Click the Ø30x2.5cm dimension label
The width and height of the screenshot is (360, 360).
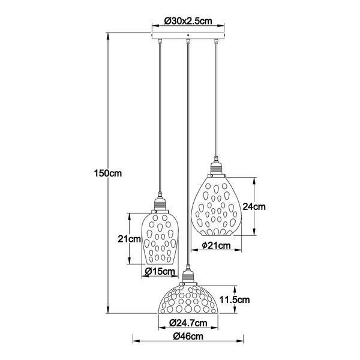[188, 22]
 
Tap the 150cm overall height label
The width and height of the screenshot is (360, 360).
[107, 173]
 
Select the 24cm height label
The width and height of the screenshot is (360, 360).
[254, 206]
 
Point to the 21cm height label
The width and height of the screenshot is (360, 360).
[129, 239]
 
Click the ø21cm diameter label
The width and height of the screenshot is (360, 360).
[216, 245]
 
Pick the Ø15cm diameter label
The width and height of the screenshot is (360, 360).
[160, 272]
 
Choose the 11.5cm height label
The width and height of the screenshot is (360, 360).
[235, 299]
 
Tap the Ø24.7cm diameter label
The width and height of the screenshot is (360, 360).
[188, 323]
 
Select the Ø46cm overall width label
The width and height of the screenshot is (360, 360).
[188, 337]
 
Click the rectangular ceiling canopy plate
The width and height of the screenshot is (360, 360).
[188, 35]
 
